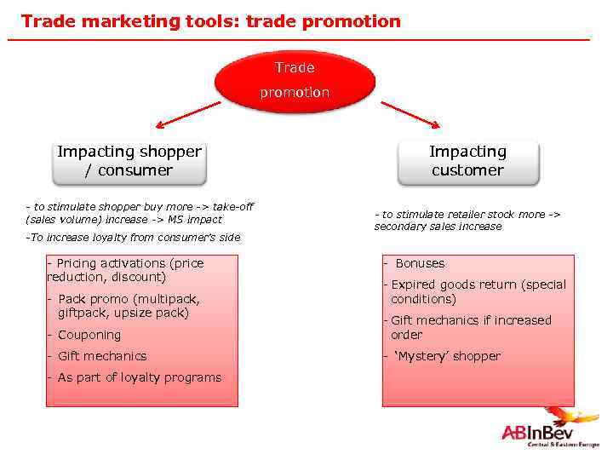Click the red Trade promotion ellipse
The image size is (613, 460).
coord(295,80)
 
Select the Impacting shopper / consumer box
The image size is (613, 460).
coord(129,161)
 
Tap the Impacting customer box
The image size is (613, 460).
coord(467,161)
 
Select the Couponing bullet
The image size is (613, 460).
coord(89,335)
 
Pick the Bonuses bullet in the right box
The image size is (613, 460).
coord(419,263)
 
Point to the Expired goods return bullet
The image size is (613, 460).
coord(478,291)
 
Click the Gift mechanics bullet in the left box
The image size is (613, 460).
coord(101,356)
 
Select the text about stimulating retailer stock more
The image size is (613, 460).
coord(467,220)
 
